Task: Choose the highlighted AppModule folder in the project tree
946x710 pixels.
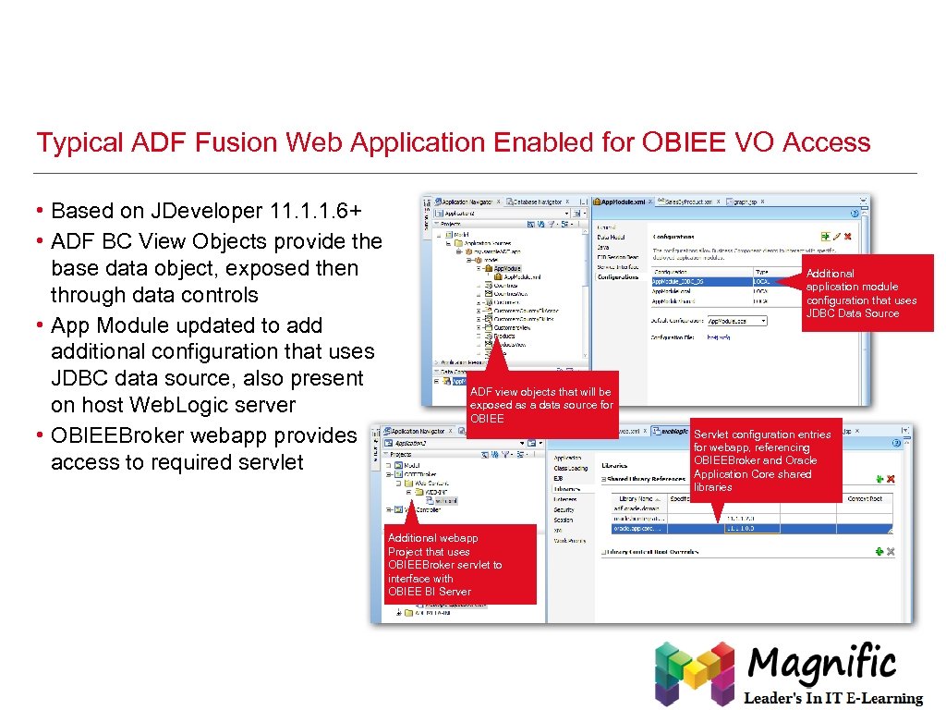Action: tap(506, 268)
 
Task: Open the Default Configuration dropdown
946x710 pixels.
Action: tap(737, 321)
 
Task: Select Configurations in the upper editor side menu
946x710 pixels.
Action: tap(618, 276)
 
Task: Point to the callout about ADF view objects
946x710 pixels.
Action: tap(540, 405)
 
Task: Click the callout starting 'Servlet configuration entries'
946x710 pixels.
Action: tap(766, 460)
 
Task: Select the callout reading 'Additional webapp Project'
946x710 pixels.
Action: tap(459, 564)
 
